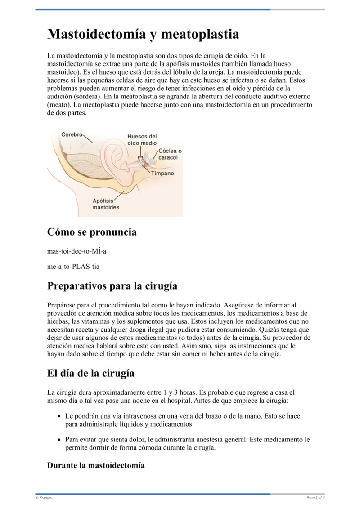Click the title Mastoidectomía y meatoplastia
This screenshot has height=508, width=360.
click(x=143, y=34)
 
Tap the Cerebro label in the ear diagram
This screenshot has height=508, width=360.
click(x=72, y=134)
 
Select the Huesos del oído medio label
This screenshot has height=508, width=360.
click(x=142, y=139)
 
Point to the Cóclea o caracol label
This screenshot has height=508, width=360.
click(x=170, y=154)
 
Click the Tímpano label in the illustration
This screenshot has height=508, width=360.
click(x=162, y=173)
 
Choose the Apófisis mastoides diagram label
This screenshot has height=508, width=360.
click(x=106, y=204)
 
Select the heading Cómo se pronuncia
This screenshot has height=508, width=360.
click(x=92, y=232)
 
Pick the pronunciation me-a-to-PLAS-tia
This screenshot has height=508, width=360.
click(x=73, y=266)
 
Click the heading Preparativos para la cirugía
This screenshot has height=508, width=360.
click(x=112, y=286)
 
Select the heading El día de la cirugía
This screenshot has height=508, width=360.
click(x=91, y=373)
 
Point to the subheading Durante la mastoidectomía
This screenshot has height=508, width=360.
click(x=96, y=465)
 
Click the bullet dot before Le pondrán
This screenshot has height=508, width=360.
click(x=59, y=416)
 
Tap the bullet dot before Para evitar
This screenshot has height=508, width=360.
click(x=59, y=440)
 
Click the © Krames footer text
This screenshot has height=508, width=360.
click(x=44, y=498)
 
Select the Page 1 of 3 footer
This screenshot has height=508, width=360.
click(x=315, y=498)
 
